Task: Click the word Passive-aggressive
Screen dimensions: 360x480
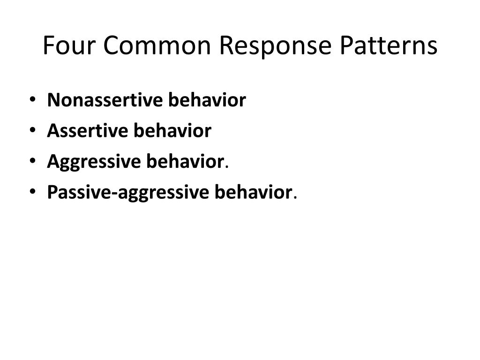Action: point(128,192)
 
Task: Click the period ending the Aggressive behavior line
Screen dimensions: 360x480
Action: point(227,166)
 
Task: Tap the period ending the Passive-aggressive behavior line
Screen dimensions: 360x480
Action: point(295,197)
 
